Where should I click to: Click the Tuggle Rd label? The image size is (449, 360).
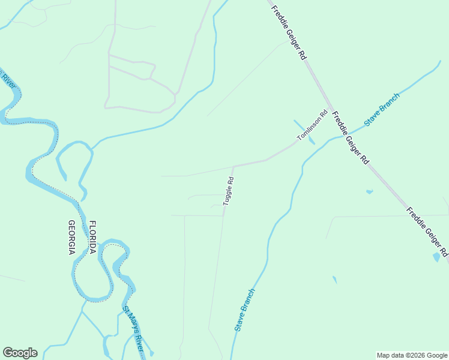click(x=229, y=191)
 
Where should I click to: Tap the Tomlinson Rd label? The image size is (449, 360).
click(x=313, y=126)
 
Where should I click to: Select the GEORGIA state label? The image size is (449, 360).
click(x=71, y=238)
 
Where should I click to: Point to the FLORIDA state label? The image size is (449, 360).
click(x=93, y=238)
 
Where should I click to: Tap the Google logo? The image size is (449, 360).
click(x=20, y=353)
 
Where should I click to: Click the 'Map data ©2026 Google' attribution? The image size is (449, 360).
click(x=412, y=355)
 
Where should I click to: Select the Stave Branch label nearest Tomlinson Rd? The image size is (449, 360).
click(x=382, y=109)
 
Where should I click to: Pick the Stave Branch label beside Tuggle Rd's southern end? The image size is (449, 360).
click(x=245, y=310)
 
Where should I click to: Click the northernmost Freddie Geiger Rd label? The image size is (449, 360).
click(x=289, y=32)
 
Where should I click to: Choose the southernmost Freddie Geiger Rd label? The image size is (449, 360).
click(x=427, y=232)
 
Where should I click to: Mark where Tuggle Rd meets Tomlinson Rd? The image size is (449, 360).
click(x=234, y=166)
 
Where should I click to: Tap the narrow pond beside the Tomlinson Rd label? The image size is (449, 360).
click(x=303, y=131)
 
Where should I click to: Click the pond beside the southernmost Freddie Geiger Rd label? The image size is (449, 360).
click(x=436, y=257)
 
